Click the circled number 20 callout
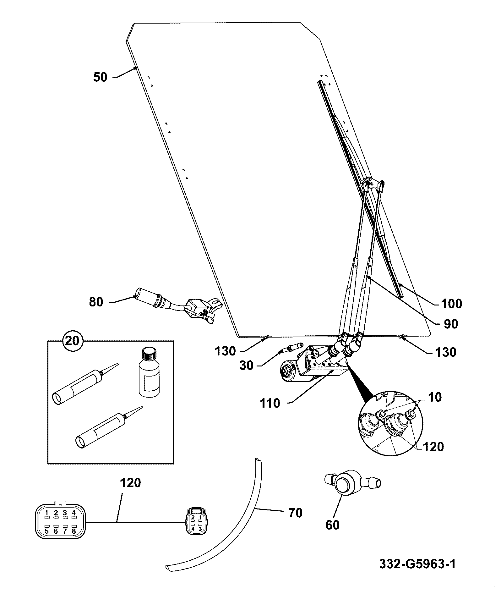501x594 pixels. click(x=73, y=341)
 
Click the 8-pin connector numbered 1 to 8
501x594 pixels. click(x=60, y=522)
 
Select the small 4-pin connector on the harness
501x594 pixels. click(x=197, y=522)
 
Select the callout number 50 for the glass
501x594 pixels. click(x=100, y=77)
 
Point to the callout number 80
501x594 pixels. click(x=96, y=302)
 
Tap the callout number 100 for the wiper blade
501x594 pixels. click(x=451, y=304)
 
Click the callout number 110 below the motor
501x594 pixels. click(x=270, y=403)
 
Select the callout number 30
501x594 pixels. click(x=246, y=366)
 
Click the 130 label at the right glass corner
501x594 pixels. click(x=446, y=352)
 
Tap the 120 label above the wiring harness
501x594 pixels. click(x=131, y=482)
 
